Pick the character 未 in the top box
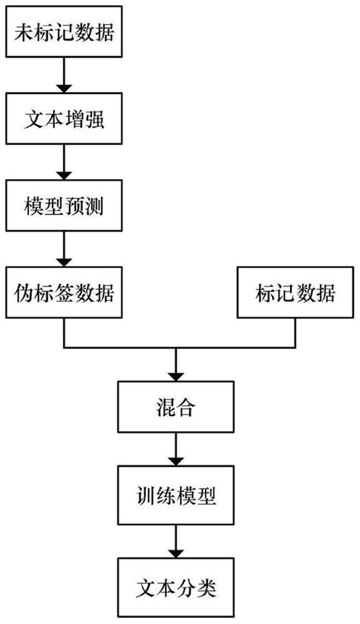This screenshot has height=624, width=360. (x=24, y=34)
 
